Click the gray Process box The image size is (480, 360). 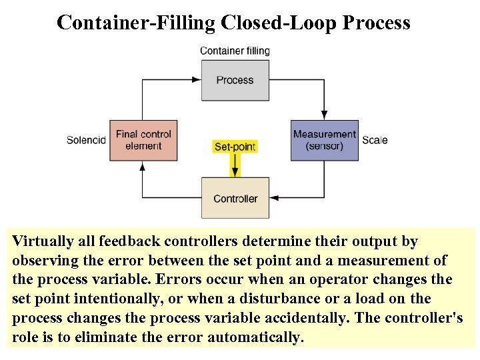(235, 80)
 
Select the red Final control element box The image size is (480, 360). (143, 140)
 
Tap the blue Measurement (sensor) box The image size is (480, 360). (325, 140)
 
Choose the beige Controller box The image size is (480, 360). (235, 198)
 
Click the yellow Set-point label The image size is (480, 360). (235, 146)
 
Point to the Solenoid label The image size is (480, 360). (86, 140)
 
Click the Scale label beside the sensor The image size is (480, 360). (375, 140)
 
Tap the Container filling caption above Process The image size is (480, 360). (235, 51)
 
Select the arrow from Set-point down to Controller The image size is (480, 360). (235, 165)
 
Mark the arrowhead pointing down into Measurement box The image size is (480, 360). (325, 115)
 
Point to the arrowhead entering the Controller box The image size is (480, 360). (275, 198)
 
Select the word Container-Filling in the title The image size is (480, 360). (136, 23)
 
